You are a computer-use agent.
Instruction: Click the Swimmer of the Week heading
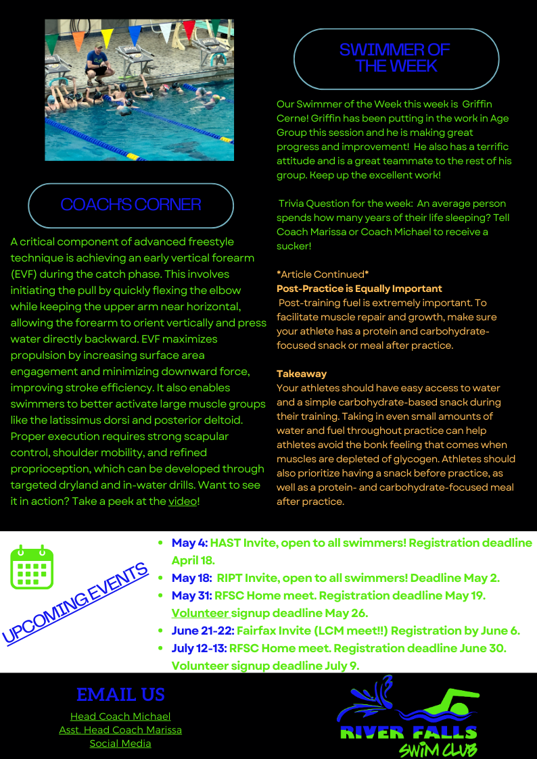396,58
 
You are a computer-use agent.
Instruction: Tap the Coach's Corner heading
131,204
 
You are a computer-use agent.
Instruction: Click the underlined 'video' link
182,501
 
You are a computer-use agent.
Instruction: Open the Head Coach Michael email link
120,716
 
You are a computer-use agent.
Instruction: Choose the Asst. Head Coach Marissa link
120,730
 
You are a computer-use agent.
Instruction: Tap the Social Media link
120,743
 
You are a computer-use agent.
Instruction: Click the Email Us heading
120,695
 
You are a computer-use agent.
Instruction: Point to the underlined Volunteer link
200,613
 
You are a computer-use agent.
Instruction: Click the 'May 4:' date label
189,543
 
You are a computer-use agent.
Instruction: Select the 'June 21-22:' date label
203,631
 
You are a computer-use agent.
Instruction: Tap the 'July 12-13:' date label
200,648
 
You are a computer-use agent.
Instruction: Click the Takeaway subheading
302,374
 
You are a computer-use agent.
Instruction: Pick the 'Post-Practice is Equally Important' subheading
359,289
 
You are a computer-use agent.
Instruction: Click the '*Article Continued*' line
323,274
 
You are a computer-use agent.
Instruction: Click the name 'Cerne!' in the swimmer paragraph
292,118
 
